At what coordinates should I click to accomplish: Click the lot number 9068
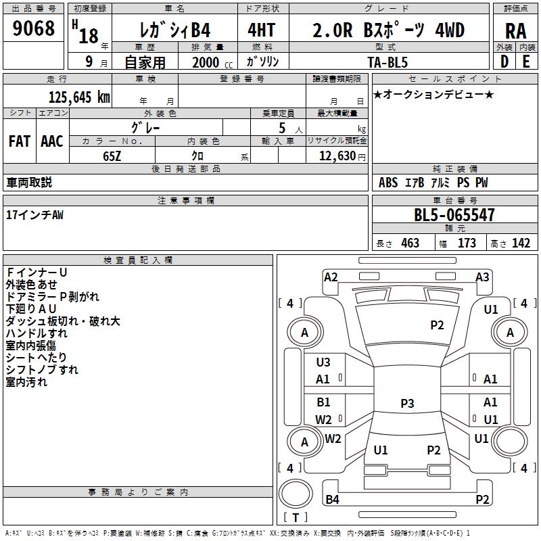(x=34, y=30)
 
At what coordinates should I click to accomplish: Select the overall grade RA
(x=515, y=30)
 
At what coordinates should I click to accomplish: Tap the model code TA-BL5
(x=389, y=62)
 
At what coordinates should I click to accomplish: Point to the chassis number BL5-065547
(x=454, y=216)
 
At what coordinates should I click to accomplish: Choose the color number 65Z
(x=112, y=155)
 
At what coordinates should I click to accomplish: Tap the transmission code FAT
(x=19, y=141)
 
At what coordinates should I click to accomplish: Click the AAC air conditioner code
(x=51, y=141)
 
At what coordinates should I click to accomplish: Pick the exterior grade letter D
(x=504, y=62)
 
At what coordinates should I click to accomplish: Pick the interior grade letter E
(x=525, y=62)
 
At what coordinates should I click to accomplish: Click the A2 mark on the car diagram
(x=331, y=277)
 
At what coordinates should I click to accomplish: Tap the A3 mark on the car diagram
(x=482, y=277)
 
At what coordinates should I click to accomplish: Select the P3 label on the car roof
(x=407, y=404)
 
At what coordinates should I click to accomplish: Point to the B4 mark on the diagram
(x=332, y=500)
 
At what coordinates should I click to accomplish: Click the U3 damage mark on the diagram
(x=323, y=362)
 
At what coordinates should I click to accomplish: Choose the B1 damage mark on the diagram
(x=324, y=402)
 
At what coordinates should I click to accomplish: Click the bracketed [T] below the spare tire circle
(x=296, y=518)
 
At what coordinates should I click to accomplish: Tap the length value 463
(x=410, y=243)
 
